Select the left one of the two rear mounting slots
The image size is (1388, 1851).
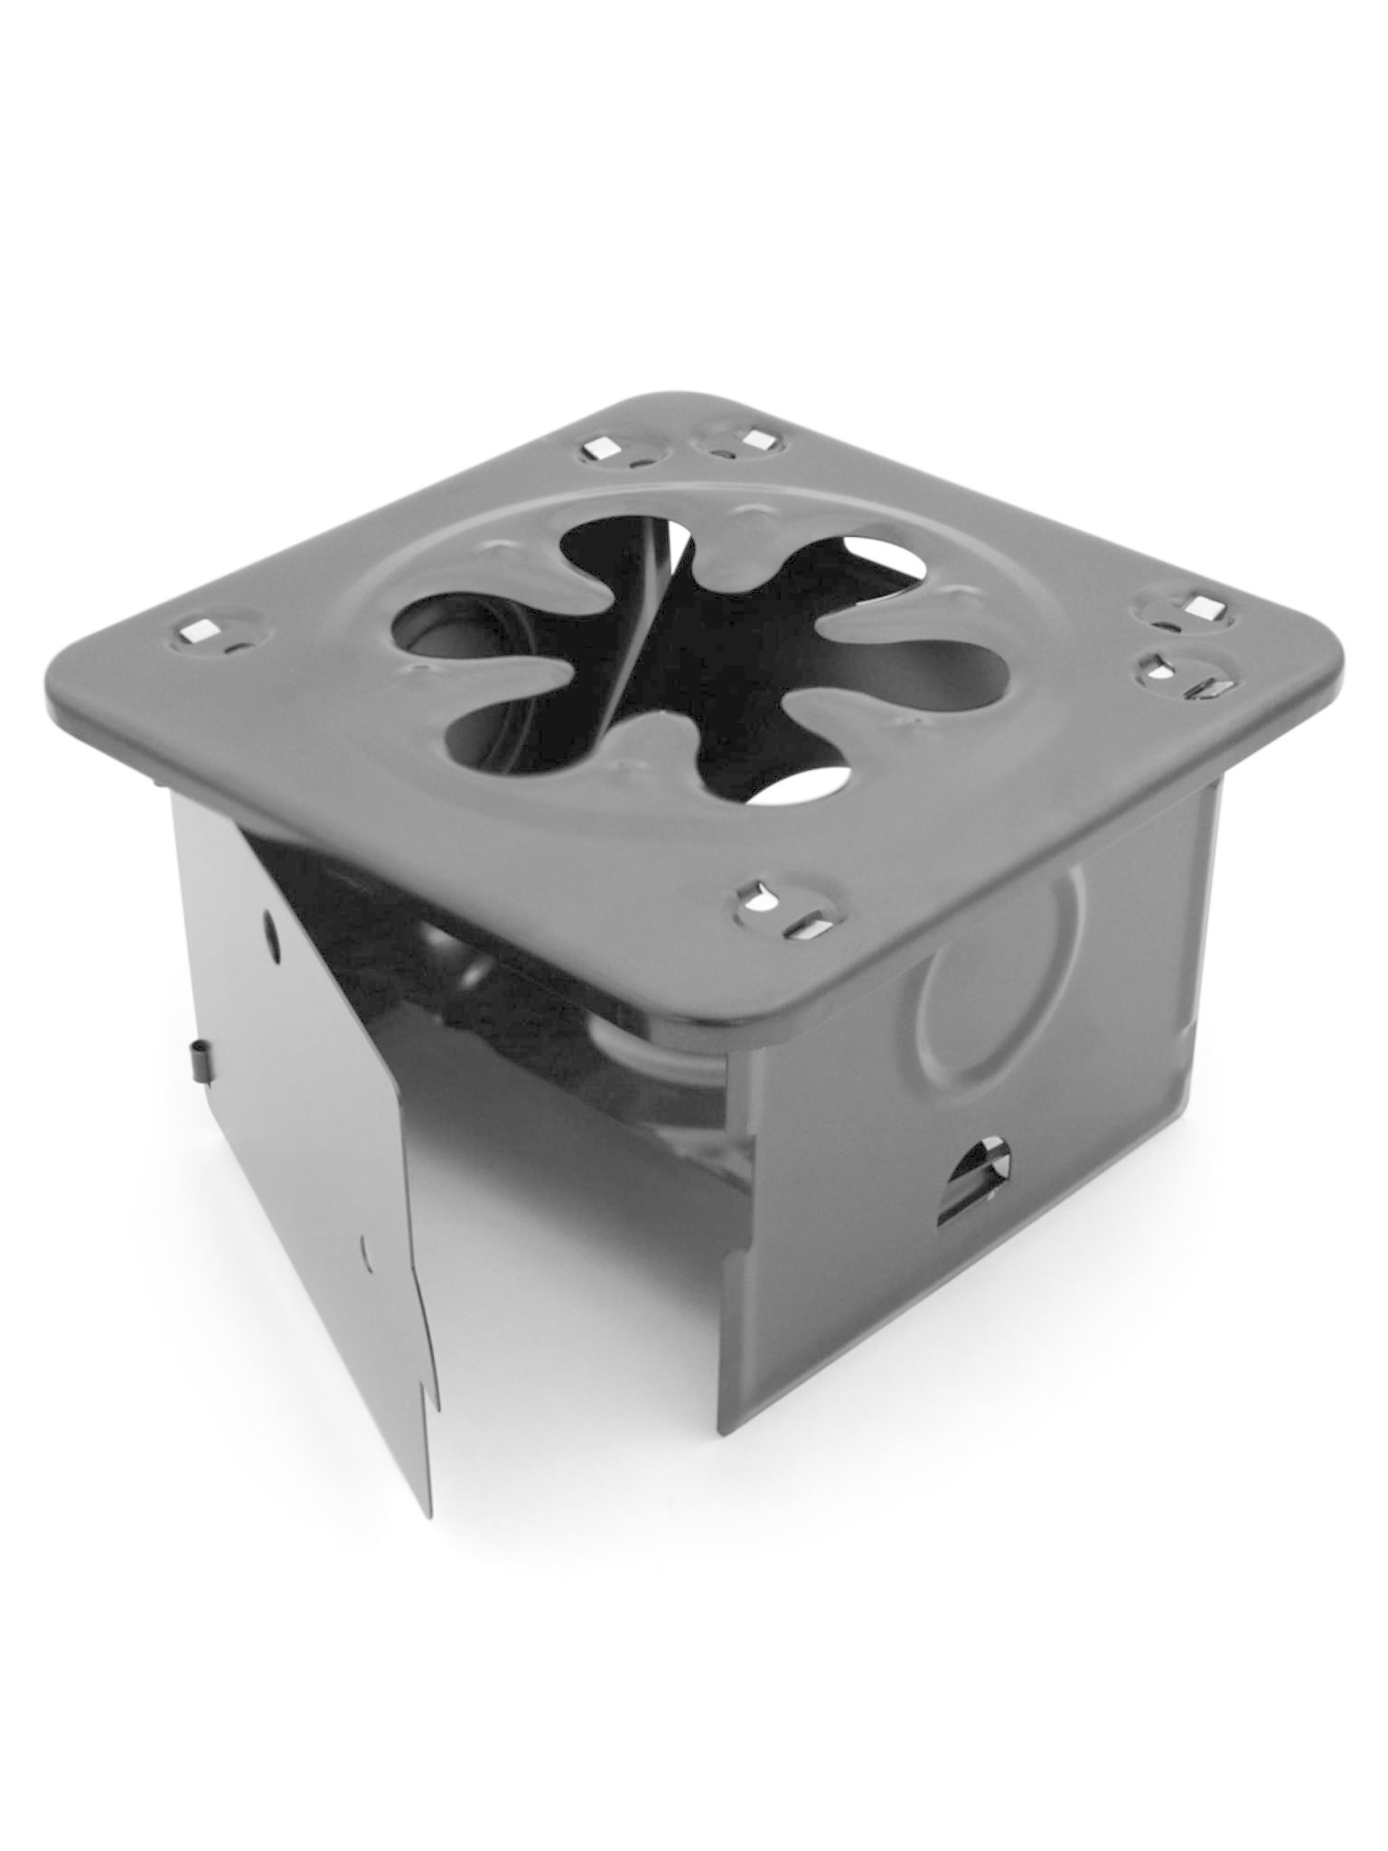coord(596,446)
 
